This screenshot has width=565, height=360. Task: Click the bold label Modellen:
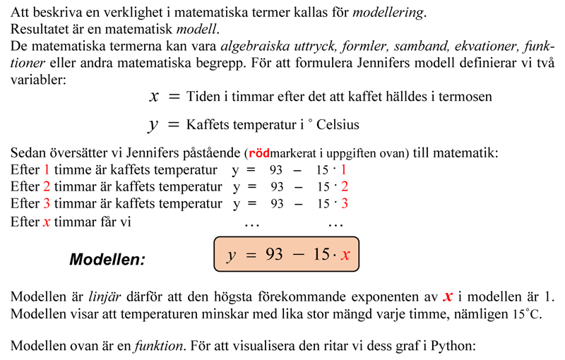tap(107, 259)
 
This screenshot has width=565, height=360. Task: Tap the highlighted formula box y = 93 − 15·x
tap(286, 255)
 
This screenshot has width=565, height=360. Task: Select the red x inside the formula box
tap(345, 255)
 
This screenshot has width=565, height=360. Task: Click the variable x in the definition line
tap(154, 95)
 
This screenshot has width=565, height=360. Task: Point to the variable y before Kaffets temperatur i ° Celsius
tap(153, 125)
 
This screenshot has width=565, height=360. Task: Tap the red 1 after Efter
tap(47, 170)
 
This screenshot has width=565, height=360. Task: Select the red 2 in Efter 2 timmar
tap(47, 187)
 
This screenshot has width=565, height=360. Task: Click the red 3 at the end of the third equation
tap(345, 204)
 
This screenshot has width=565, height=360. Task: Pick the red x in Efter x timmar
tap(47, 221)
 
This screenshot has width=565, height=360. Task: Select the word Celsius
tap(338, 125)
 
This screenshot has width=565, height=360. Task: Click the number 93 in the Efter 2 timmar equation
tap(277, 187)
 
